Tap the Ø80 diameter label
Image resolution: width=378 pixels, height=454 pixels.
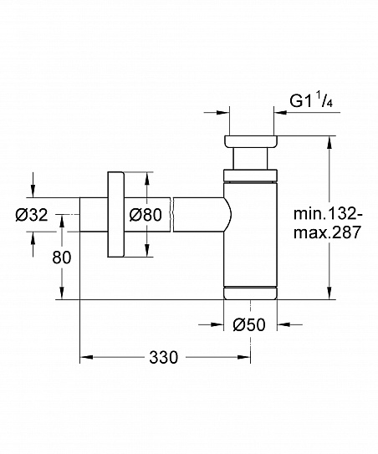click(145, 215)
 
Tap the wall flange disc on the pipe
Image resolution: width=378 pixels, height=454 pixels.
click(115, 215)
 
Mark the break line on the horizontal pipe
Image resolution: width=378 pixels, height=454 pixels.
click(173, 215)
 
